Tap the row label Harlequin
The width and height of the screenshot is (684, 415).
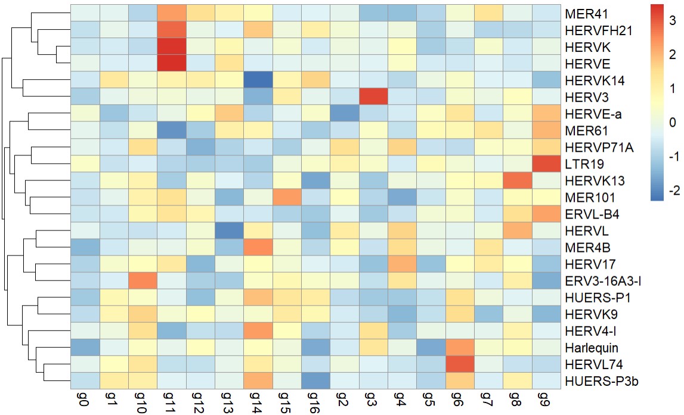pos(588,347)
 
